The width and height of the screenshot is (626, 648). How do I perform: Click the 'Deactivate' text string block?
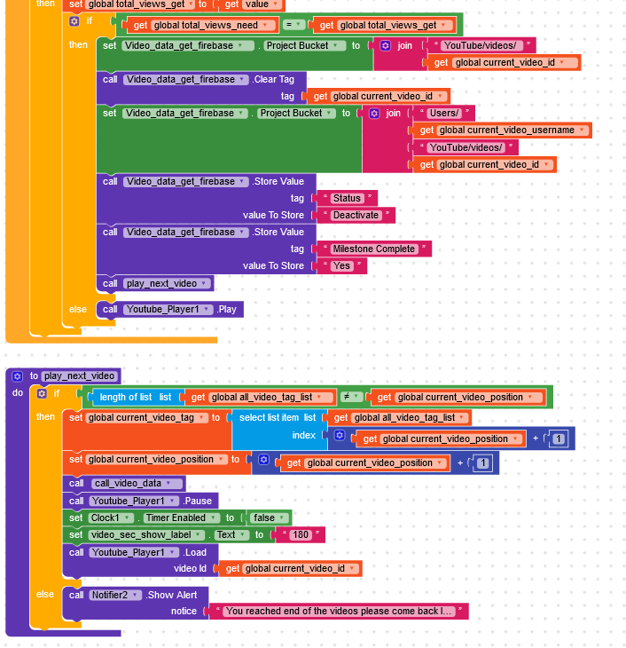tap(356, 215)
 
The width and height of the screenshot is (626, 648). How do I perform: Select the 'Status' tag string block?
tap(347, 198)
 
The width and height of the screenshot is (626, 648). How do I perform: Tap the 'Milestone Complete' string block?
tap(373, 249)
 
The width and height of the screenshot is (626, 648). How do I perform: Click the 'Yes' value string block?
tap(342, 265)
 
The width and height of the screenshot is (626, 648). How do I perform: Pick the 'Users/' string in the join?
tap(444, 114)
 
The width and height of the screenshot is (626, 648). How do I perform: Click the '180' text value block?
tap(301, 534)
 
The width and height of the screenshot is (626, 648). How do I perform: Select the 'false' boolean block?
tap(269, 518)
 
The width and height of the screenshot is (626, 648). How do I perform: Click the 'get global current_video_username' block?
tap(503, 130)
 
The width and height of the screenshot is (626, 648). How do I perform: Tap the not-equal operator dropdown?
tap(351, 397)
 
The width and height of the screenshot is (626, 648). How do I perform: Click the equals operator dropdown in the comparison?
tap(293, 25)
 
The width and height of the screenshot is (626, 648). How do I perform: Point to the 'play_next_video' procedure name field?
tap(79, 376)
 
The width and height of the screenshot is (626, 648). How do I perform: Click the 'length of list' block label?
tap(126, 397)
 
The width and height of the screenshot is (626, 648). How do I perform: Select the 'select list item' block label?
tap(269, 417)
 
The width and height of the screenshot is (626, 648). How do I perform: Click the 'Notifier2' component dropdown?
tap(115, 595)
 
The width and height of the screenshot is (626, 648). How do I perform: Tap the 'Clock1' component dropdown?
tap(111, 518)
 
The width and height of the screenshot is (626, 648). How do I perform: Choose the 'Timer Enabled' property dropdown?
tap(182, 518)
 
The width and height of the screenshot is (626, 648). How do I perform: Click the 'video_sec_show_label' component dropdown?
tap(146, 534)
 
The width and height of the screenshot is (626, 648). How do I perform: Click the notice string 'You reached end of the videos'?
tap(339, 612)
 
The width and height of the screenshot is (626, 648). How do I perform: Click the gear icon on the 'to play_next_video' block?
tap(18, 376)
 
